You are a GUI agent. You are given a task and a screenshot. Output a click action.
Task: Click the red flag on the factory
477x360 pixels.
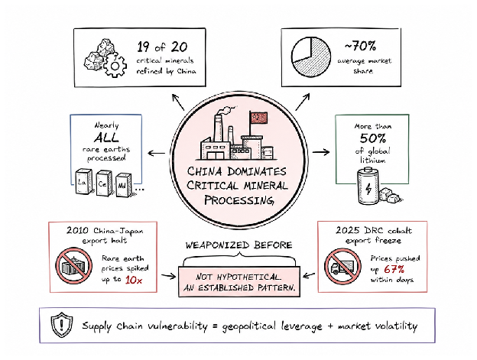point(259,118)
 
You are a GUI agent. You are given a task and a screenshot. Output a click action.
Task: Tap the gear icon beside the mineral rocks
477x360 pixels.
point(115,65)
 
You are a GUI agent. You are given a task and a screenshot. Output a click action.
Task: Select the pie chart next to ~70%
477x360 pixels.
point(311,57)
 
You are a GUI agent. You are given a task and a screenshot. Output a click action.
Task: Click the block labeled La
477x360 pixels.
point(83,181)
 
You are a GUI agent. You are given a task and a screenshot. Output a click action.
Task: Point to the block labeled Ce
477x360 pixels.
point(104,183)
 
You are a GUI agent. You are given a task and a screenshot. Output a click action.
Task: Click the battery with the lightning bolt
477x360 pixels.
point(368,186)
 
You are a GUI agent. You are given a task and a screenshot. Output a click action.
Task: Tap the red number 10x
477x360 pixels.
point(134,280)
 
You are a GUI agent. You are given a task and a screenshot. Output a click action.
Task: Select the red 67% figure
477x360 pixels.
point(394,269)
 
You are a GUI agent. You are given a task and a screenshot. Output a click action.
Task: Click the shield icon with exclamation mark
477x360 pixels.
point(62,325)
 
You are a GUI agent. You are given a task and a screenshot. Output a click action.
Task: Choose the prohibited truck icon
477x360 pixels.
point(342,266)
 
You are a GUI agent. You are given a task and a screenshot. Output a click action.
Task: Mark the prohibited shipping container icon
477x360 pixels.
point(74,266)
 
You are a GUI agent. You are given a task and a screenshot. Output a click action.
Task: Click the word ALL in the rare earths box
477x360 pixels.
point(106,138)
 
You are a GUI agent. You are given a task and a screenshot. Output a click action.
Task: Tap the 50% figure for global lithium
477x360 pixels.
point(373,138)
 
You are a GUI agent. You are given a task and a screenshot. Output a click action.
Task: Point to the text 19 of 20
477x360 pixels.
point(162,47)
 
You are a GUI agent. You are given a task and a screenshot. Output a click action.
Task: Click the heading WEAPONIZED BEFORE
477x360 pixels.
point(238,245)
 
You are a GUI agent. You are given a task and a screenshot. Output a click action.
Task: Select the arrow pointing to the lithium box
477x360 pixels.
point(321,152)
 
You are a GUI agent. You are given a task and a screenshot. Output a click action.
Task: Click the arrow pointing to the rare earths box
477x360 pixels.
point(157,153)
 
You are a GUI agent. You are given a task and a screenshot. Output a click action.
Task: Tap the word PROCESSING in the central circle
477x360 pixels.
point(238,200)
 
